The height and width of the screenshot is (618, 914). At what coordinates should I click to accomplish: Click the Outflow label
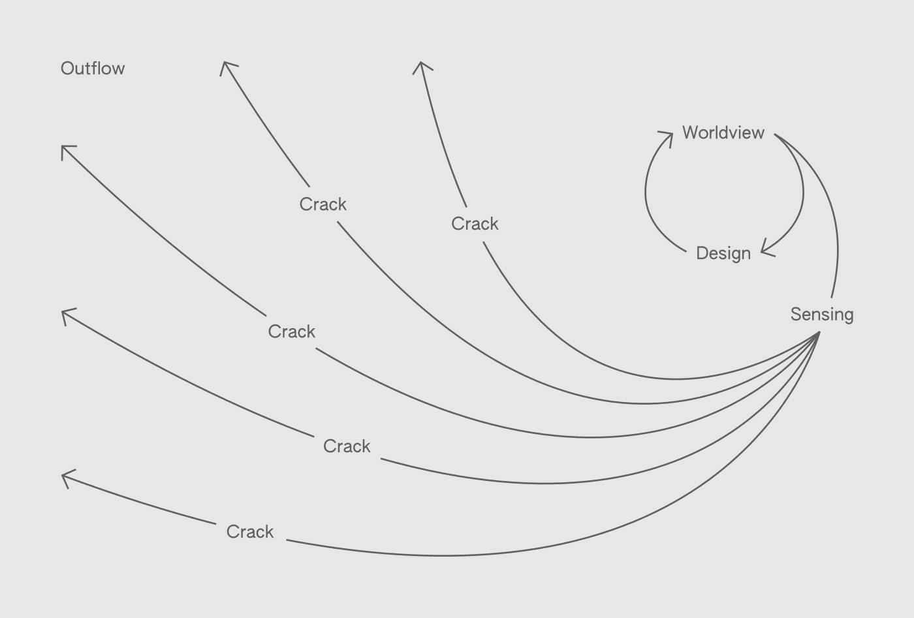[x=93, y=69]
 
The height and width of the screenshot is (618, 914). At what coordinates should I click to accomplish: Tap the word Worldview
[x=723, y=132]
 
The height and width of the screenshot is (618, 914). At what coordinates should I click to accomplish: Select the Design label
[x=723, y=253]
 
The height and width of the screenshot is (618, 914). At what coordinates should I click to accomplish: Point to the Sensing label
[x=822, y=315]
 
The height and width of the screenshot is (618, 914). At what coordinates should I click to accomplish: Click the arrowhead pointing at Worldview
[x=670, y=135]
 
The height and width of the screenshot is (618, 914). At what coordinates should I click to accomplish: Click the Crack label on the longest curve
[x=250, y=532]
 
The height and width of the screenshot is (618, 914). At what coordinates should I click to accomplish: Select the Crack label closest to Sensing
[x=475, y=224]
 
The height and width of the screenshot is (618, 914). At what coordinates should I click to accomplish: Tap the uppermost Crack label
[x=323, y=204]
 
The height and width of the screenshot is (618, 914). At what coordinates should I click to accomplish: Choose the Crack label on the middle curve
[x=292, y=332]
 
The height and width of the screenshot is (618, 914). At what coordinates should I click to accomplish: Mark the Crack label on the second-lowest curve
[x=347, y=446]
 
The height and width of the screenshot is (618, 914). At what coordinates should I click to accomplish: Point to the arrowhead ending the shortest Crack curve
[x=422, y=64]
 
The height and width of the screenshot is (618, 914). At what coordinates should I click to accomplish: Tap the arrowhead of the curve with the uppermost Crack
[x=225, y=64]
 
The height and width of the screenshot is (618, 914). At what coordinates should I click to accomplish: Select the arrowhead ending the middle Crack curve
[x=63, y=148]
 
